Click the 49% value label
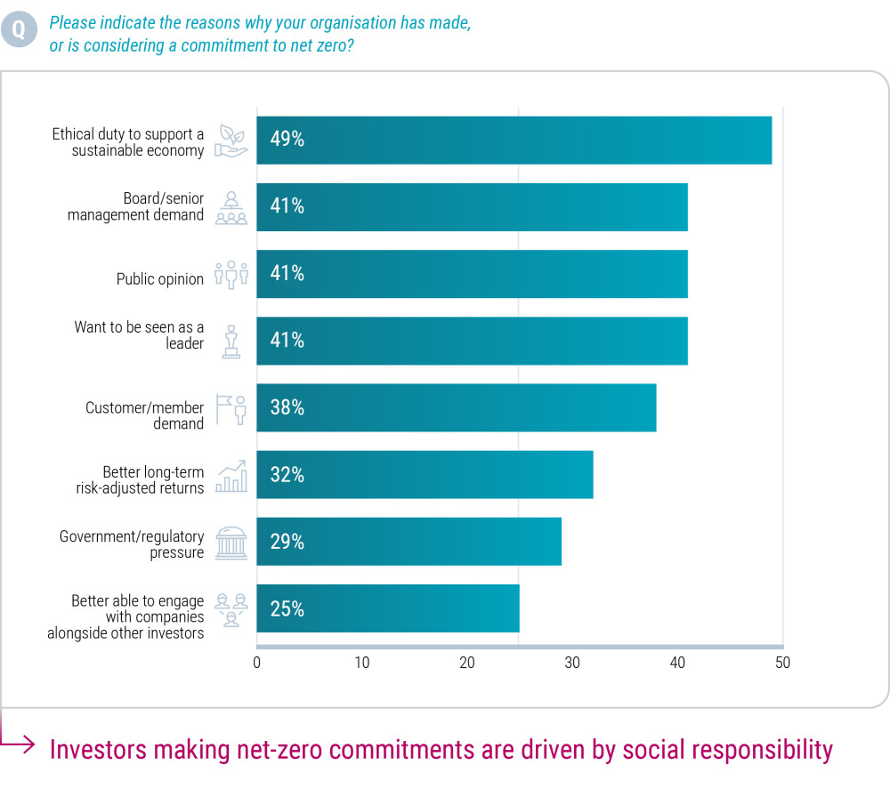[287, 140]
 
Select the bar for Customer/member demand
[456, 407]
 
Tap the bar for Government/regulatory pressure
[409, 542]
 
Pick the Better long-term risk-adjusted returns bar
[425, 474]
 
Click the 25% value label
[287, 609]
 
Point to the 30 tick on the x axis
[572, 663]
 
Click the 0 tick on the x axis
[257, 663]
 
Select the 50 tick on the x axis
[782, 663]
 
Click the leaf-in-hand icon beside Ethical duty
[231, 141]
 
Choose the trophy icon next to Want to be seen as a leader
[231, 342]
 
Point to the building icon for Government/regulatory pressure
[231, 543]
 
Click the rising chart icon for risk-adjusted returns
[231, 476]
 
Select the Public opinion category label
[160, 278]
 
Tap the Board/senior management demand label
[135, 206]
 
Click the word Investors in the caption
[98, 749]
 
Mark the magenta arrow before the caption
[20, 741]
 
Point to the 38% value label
[287, 407]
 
